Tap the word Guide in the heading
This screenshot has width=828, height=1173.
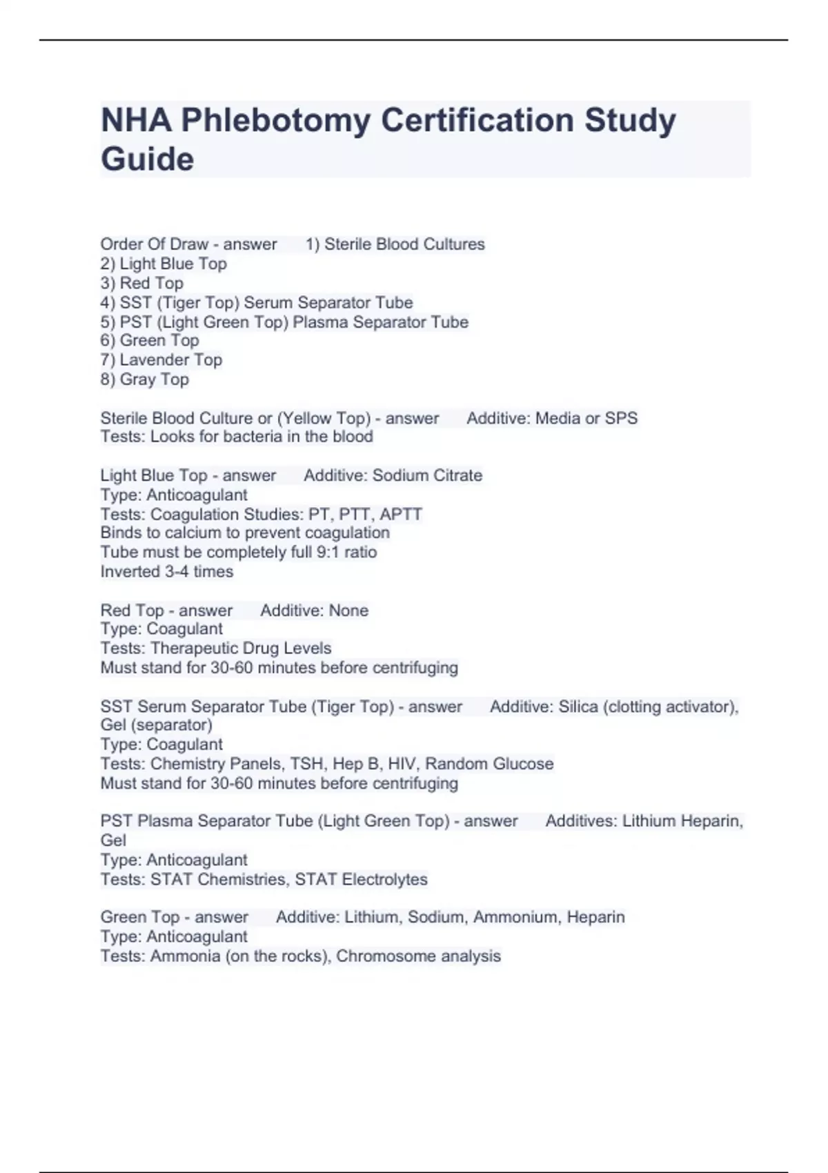click(148, 159)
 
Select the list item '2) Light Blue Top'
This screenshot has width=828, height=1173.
click(164, 264)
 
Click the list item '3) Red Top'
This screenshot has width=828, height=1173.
click(142, 283)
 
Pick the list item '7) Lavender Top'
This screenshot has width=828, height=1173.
click(161, 359)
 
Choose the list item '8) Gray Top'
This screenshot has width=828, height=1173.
click(145, 379)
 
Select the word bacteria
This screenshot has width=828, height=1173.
click(250, 436)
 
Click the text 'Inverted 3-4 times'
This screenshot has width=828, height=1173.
click(167, 571)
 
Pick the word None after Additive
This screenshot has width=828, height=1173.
click(348, 611)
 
